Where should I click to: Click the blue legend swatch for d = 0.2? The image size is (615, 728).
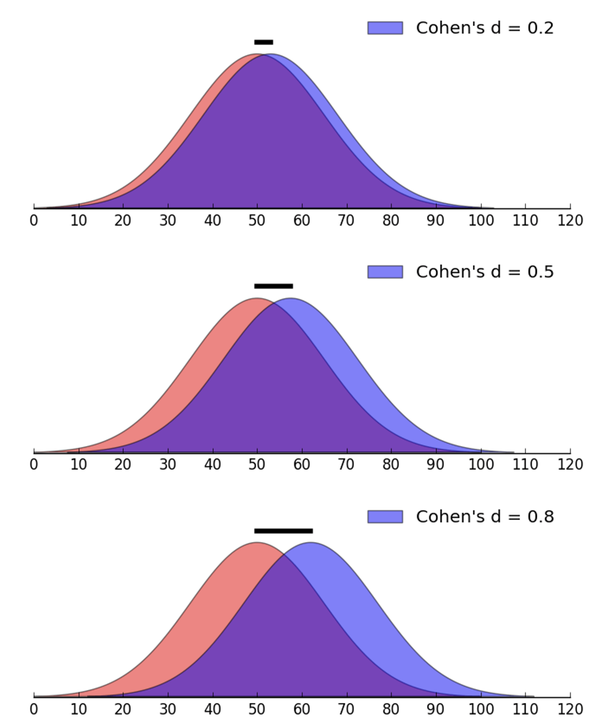pos(385,28)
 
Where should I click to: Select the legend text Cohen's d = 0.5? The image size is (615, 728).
pos(485,272)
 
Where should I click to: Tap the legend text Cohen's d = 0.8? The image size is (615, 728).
pos(485,517)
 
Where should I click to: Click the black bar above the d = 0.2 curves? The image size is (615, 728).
pos(264,42)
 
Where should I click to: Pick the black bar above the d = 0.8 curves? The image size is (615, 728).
pos(283,531)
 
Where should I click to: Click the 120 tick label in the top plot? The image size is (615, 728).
pos(570,221)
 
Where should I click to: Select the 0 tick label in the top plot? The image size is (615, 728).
pos(34,221)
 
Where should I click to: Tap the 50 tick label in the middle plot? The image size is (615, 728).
pos(257,465)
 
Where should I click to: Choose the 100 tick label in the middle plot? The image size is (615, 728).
pos(481,465)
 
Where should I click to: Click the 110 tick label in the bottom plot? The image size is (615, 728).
pos(525,709)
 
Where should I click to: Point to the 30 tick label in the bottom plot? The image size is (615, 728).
pos(168,709)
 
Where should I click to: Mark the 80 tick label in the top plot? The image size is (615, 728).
pos(391,221)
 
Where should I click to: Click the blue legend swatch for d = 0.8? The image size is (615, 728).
pos(385,517)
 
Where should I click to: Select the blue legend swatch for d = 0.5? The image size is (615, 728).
pos(385,272)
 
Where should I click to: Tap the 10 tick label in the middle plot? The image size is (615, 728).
pos(78,465)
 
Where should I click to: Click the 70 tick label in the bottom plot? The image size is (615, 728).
pos(346,709)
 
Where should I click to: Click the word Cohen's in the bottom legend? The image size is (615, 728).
pos(450,517)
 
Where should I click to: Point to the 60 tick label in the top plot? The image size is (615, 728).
pos(302,221)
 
